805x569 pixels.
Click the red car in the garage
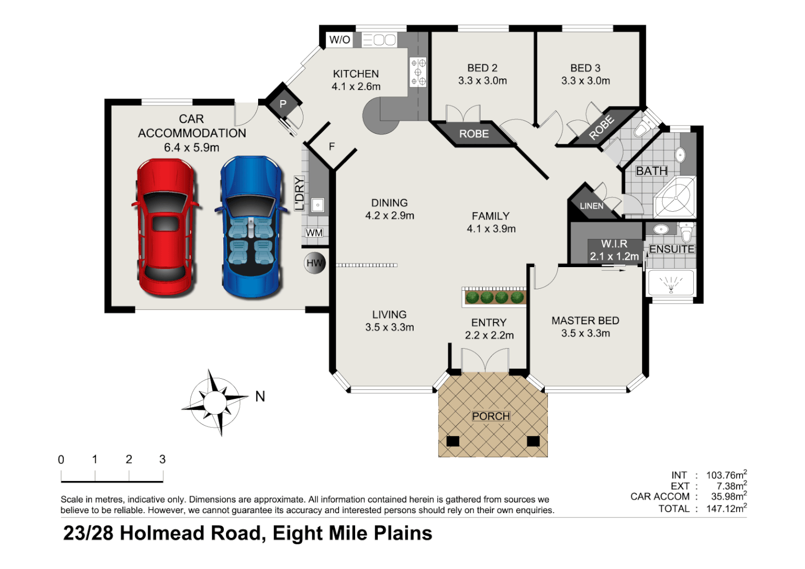tap(165, 228)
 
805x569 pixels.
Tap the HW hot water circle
tap(315, 263)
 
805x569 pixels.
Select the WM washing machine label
tap(315, 233)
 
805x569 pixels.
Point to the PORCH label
tap(490, 416)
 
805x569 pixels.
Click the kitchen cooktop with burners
tap(418, 72)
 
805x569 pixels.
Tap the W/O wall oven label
tap(340, 40)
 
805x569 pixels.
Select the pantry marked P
tap(283, 104)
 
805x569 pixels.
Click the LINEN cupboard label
tap(591, 206)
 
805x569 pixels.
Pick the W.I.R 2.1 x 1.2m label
tap(614, 250)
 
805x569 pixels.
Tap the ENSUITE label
tap(672, 249)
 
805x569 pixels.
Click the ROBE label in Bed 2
tap(474, 134)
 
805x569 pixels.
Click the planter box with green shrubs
tap(494, 297)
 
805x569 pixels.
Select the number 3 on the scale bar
tap(162, 459)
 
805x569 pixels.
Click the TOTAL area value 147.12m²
tap(726, 509)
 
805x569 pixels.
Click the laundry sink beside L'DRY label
tap(317, 205)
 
